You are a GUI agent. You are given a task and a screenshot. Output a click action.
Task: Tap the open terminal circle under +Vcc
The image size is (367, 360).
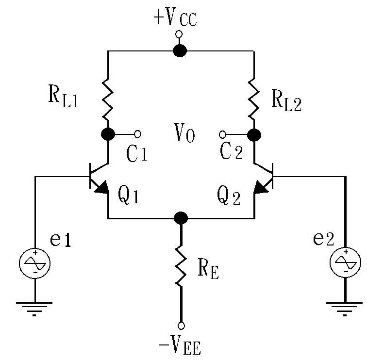(179, 34)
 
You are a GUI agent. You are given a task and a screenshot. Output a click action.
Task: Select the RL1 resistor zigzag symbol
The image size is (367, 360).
(108, 99)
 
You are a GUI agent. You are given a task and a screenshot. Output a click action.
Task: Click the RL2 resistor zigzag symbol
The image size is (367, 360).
(254, 99)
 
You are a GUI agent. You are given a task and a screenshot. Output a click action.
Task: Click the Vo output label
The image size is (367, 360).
(184, 133)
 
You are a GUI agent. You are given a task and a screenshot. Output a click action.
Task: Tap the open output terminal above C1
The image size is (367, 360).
(138, 134)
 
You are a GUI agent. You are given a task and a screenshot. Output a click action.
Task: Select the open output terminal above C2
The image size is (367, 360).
(223, 134)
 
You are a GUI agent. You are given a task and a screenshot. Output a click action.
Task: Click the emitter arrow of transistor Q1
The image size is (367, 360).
(102, 188)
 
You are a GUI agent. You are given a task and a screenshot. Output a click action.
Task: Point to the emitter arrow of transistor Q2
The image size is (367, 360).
(261, 188)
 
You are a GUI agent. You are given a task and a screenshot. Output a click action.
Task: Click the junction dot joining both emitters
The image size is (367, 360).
(181, 218)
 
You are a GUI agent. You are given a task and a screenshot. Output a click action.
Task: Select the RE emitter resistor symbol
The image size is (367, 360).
(181, 265)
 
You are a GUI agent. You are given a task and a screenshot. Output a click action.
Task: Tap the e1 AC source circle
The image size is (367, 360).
(34, 263)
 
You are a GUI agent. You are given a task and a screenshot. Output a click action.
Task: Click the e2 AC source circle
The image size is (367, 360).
(346, 262)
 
